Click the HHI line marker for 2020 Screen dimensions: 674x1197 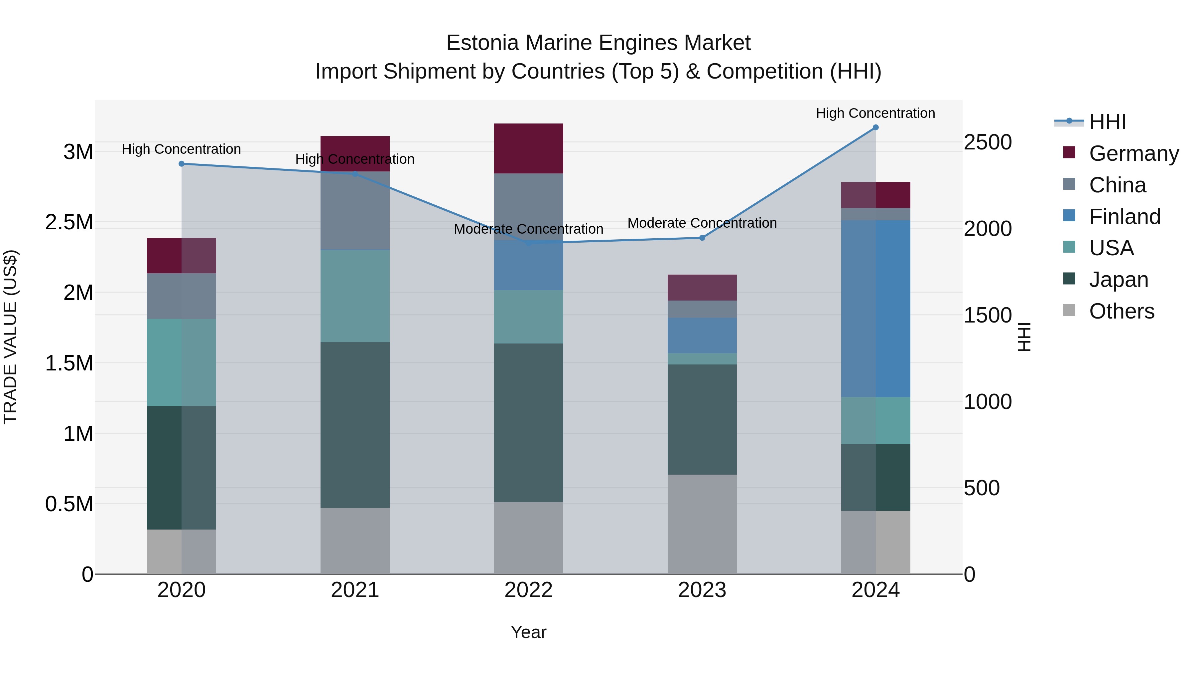(182, 164)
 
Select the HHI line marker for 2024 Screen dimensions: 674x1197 (875, 127)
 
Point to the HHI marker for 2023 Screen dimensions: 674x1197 (702, 238)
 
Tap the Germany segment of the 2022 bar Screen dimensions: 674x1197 (528, 148)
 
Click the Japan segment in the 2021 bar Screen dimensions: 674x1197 (355, 425)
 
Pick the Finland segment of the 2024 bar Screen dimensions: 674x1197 (875, 309)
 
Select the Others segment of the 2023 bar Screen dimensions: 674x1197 (702, 524)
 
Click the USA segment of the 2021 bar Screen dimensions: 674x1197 (355, 296)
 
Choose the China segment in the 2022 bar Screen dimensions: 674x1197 (528, 206)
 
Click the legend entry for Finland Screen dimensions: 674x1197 (1125, 217)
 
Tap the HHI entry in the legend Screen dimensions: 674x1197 (1107, 122)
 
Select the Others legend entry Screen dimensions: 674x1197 (1121, 311)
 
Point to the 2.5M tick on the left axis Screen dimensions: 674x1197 (69, 222)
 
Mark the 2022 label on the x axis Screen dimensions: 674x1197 (528, 590)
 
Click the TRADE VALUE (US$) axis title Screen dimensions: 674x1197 (11, 337)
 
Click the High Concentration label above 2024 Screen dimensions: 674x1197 (875, 113)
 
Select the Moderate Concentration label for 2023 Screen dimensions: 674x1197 (702, 223)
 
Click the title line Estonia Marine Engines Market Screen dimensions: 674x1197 (598, 43)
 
